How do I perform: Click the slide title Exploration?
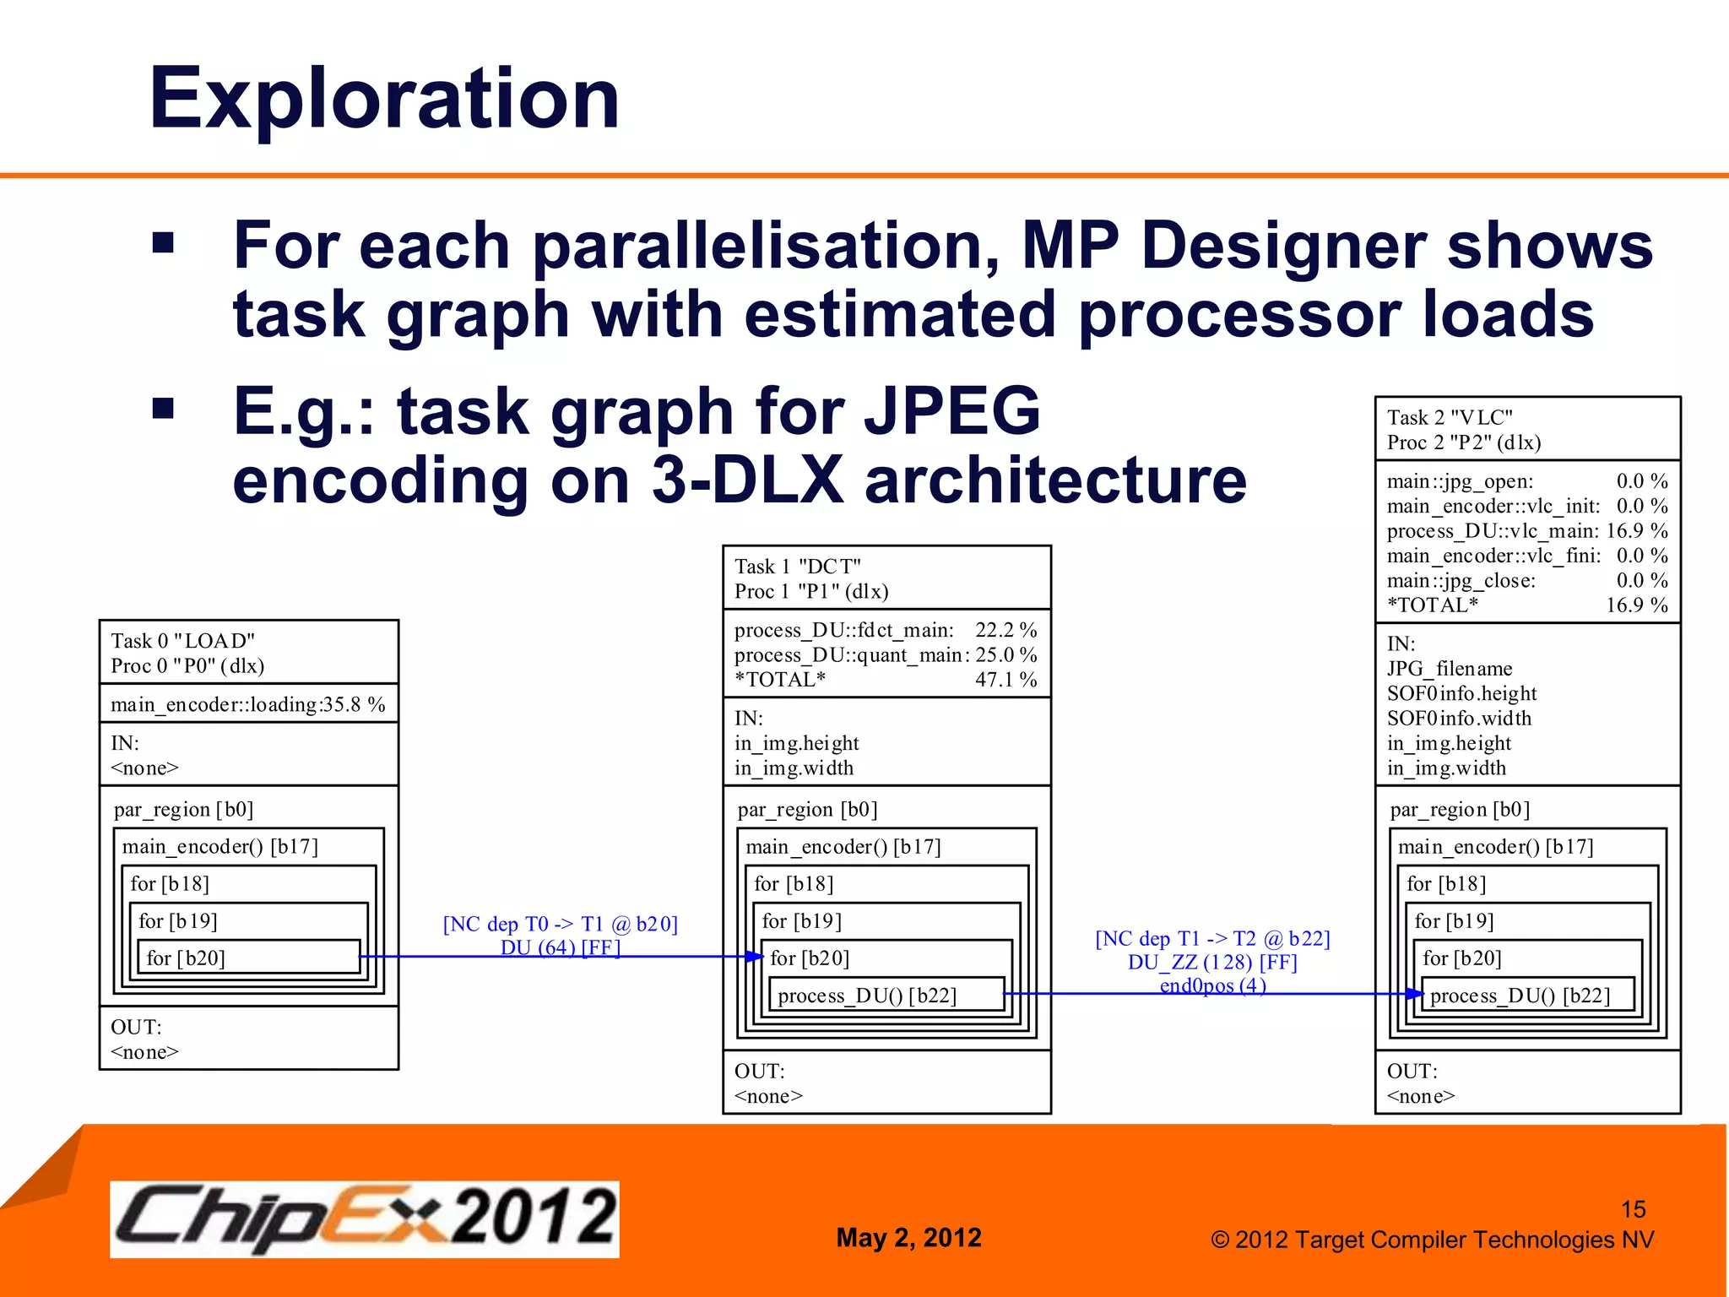point(384,99)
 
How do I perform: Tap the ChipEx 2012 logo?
point(364,1218)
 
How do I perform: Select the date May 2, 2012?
point(908,1237)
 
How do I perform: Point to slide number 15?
point(1633,1209)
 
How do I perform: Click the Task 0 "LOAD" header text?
point(183,641)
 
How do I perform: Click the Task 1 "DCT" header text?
point(797,567)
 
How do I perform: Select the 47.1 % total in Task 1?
point(1005,680)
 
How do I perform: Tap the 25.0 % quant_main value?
point(1005,655)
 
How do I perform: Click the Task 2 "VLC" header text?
point(1450,418)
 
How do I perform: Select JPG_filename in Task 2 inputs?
point(1449,669)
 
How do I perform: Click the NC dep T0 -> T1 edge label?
point(560,924)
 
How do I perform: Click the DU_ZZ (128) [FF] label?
point(1212,963)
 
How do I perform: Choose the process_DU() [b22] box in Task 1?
point(886,996)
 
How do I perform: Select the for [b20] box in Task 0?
point(248,958)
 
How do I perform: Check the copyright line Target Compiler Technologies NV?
point(1431,1240)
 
